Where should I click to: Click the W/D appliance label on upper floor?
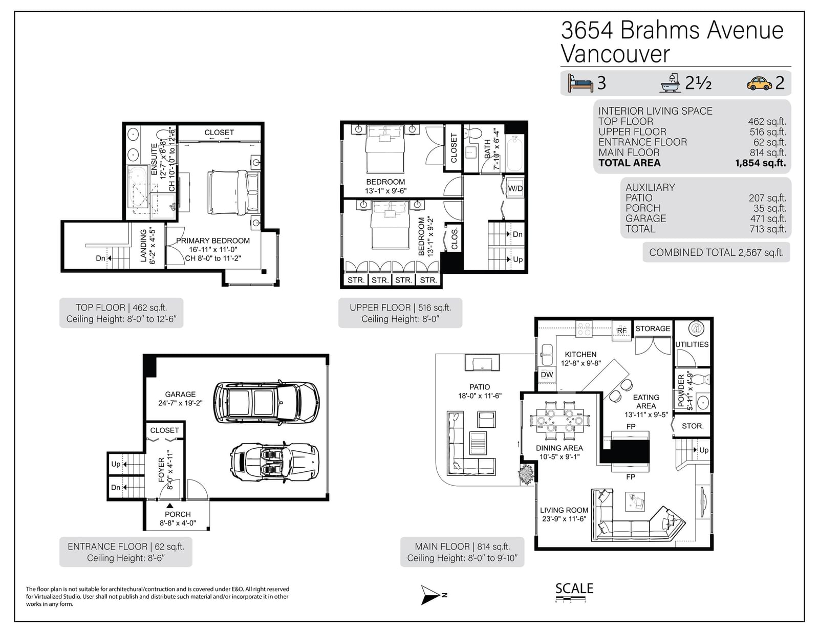[515, 188]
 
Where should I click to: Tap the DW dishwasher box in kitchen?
[547, 375]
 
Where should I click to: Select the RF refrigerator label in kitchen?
[621, 331]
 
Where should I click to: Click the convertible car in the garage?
[275, 462]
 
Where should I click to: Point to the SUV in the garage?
[267, 402]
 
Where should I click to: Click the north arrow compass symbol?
[432, 595]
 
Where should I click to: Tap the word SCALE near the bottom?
[574, 588]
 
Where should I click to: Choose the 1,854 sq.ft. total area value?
[761, 163]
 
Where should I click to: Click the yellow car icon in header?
[760, 83]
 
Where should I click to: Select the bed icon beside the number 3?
[580, 83]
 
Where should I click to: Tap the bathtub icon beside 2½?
[670, 83]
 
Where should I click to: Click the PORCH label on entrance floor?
[178, 514]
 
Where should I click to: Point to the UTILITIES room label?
[692, 344]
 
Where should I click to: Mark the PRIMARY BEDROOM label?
[213, 241]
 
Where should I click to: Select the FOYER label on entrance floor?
[162, 470]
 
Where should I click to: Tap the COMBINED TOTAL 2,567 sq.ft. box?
[716, 252]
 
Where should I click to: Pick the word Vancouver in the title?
[615, 54]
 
